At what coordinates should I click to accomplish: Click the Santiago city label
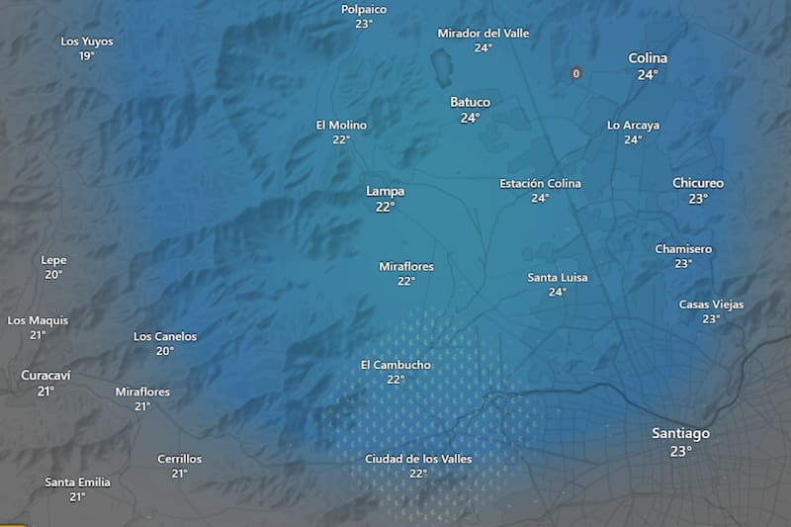pyautogui.click(x=680, y=434)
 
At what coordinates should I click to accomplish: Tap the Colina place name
pyautogui.click(x=648, y=58)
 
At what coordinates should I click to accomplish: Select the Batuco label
pyautogui.click(x=470, y=102)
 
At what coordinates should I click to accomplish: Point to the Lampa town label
pyautogui.click(x=385, y=191)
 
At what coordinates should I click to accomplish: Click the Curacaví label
pyautogui.click(x=45, y=375)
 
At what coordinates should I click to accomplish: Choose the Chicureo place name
pyautogui.click(x=698, y=183)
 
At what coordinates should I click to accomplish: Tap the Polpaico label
pyautogui.click(x=363, y=9)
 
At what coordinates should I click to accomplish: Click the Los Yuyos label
pyautogui.click(x=87, y=42)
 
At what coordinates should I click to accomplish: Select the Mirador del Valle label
pyautogui.click(x=483, y=33)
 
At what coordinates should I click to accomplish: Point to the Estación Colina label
pyautogui.click(x=540, y=183)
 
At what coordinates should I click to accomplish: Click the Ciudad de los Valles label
pyautogui.click(x=418, y=459)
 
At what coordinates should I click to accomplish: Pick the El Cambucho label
pyautogui.click(x=395, y=365)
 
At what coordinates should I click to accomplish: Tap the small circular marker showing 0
pyautogui.click(x=575, y=73)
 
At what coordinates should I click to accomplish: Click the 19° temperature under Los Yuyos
pyautogui.click(x=87, y=56)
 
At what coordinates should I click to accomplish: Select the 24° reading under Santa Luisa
pyautogui.click(x=558, y=293)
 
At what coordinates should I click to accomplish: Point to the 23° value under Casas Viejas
pyautogui.click(x=711, y=319)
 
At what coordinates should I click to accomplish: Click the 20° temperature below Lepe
pyautogui.click(x=53, y=275)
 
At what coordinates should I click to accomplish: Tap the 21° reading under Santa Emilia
pyautogui.click(x=77, y=497)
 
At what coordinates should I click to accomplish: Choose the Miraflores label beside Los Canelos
pyautogui.click(x=142, y=392)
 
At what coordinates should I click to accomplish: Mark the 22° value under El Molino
pyautogui.click(x=341, y=140)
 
